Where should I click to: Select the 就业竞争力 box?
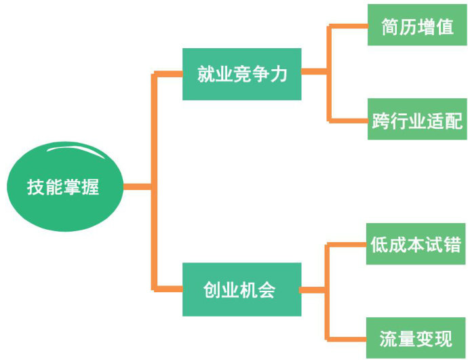241,74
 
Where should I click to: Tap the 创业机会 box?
241,289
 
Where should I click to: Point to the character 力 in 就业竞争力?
279,74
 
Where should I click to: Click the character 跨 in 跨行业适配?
381,121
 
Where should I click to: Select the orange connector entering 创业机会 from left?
168,289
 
